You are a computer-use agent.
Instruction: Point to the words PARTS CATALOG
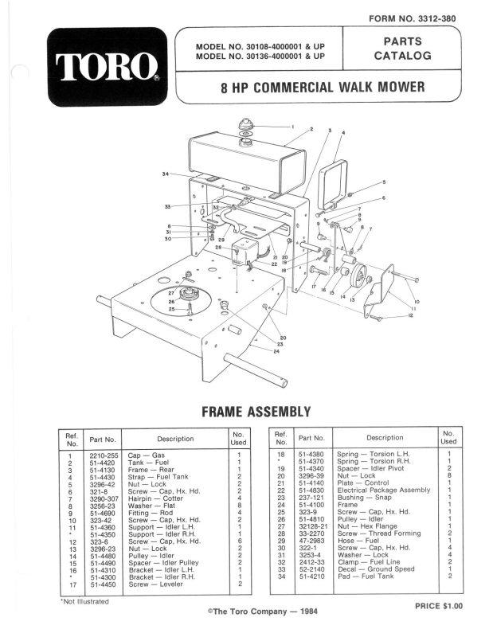[x=402, y=49]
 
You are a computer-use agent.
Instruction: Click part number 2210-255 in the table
[x=103, y=455]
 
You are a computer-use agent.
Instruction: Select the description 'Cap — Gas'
[x=147, y=455]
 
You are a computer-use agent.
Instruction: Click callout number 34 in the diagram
[x=166, y=174]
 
